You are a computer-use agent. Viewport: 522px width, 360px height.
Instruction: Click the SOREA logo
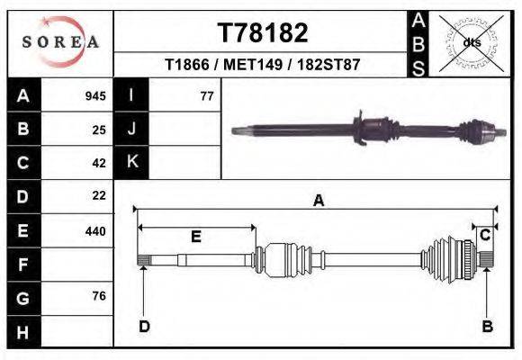coord(59,42)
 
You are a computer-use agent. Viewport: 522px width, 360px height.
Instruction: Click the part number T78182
coord(263,33)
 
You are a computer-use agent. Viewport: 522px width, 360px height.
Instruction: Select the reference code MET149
coord(263,66)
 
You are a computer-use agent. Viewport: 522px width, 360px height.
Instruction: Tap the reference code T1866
coord(188,66)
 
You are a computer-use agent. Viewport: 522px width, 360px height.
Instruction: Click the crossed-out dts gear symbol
coord(471,42)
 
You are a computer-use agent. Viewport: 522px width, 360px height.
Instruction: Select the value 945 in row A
coord(95,95)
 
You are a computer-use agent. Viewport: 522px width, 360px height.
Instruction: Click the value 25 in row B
coord(99,130)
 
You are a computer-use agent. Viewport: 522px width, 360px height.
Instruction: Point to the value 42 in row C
coord(99,163)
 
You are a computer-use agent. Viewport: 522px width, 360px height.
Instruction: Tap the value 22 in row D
coord(99,195)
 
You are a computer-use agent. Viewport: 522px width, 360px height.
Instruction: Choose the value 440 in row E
coord(95,231)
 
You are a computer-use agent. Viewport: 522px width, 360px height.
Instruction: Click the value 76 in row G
coord(99,296)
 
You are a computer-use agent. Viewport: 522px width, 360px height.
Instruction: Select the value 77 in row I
coord(206,95)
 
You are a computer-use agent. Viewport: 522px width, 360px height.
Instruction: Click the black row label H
coord(22,332)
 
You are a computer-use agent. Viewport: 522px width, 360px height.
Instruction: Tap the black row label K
coord(132,162)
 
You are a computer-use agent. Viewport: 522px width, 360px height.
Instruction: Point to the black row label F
coord(22,265)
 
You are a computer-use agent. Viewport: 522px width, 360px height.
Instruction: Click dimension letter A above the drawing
coord(318,202)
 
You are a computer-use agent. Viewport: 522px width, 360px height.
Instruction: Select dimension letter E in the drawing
coord(195,237)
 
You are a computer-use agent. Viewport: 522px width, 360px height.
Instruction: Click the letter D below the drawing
coord(143,327)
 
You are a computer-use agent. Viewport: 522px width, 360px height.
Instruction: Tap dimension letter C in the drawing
coord(485,235)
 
